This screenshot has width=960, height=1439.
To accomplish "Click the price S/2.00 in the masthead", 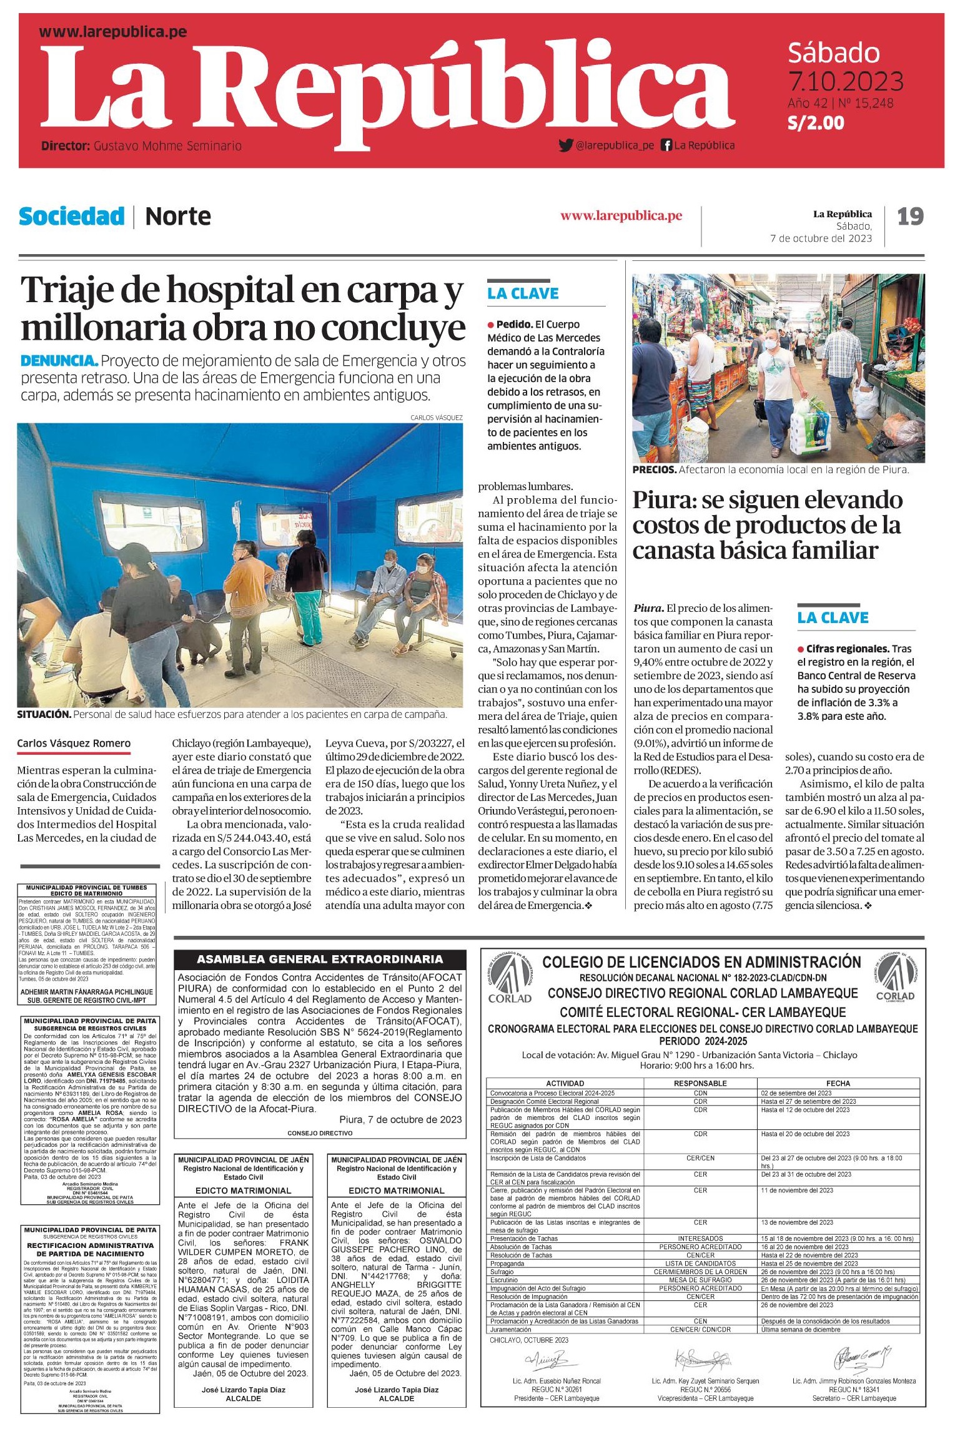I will pos(816,122).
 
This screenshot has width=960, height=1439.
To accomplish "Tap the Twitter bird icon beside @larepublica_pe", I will pos(566,145).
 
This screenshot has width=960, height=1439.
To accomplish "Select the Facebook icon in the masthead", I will pos(666,145).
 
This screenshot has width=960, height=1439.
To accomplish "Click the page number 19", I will pos(910,217).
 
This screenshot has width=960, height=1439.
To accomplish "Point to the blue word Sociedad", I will pos(72,217).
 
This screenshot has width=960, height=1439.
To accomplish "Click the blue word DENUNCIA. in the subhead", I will pos(59,361).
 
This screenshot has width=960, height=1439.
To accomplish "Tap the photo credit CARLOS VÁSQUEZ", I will pos(437,417).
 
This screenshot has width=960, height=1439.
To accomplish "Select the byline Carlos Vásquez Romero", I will pos(74,744).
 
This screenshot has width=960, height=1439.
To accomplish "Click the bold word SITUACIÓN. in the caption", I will pos(44,714).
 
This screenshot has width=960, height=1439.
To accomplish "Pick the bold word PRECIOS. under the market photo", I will pos(654,470).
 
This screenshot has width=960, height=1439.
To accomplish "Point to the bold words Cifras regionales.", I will pos(847,649).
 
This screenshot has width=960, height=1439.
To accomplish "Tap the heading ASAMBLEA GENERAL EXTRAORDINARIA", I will pos(320,960).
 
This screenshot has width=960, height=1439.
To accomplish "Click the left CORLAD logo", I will pos(510,978).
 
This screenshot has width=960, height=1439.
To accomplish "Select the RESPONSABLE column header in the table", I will pos(700,1083).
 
